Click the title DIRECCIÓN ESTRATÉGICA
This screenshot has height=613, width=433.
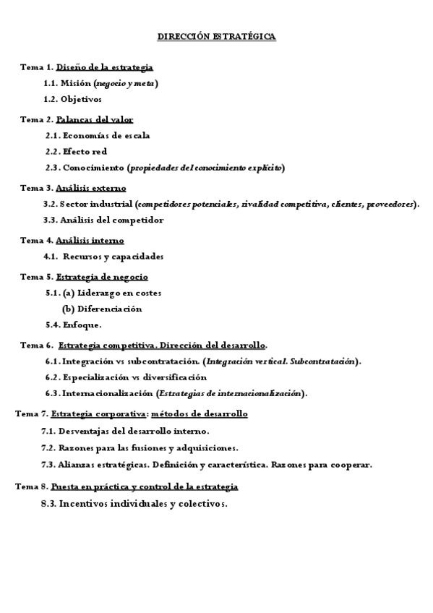point(216,35)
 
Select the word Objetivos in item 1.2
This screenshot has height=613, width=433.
point(82,99)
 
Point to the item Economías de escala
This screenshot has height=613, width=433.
point(106,135)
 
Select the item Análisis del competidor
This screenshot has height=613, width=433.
point(112,220)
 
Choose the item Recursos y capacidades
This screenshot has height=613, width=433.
point(113,256)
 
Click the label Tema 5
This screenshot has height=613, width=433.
point(35,276)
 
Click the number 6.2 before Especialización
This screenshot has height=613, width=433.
point(52,377)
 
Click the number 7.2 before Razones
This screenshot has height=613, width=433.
point(49,447)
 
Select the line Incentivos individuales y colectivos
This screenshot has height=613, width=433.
point(143,504)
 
